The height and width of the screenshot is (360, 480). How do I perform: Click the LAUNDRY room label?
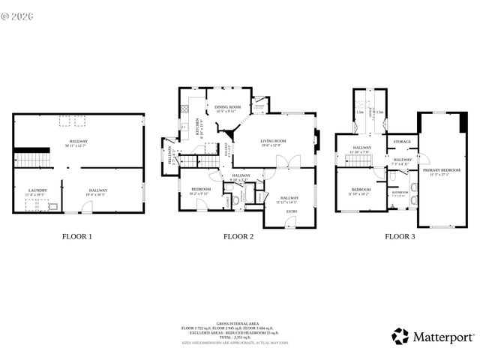coord(37,190)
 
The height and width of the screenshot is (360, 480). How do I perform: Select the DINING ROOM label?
coord(228,107)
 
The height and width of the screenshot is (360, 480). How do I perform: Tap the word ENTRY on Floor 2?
coord(289,212)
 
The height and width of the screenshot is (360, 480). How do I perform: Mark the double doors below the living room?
coord(288,162)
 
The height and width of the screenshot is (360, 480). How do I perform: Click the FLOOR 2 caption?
coord(238,236)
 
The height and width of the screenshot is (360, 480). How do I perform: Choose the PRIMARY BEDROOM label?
coord(441,171)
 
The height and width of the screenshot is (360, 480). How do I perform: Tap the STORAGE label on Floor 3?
coord(403,140)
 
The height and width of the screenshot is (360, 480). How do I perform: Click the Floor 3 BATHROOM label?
coord(401,193)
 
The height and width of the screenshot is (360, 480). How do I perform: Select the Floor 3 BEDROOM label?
coord(361,190)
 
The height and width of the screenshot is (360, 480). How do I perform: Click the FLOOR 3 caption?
coord(400,236)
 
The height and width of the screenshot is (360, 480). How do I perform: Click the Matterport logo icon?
coord(400,337)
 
